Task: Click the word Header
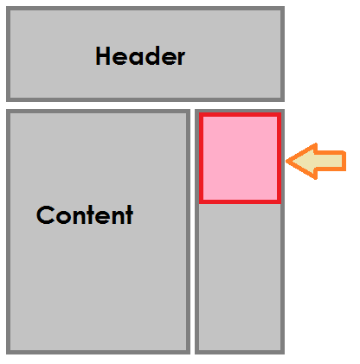[x=140, y=56]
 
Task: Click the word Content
[x=85, y=214]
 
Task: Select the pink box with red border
[x=240, y=158]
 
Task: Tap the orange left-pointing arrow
[x=316, y=162]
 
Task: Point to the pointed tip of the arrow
[x=286, y=162]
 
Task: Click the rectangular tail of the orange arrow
[x=331, y=161]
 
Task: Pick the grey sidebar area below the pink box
[x=240, y=278]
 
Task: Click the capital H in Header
[x=102, y=56]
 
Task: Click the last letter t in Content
[x=129, y=214]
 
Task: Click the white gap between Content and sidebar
[x=192, y=232]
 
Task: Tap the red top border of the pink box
[x=240, y=115]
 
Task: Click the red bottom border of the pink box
[x=240, y=201]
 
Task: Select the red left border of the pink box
[x=201, y=158]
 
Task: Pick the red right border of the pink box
[x=280, y=158]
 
